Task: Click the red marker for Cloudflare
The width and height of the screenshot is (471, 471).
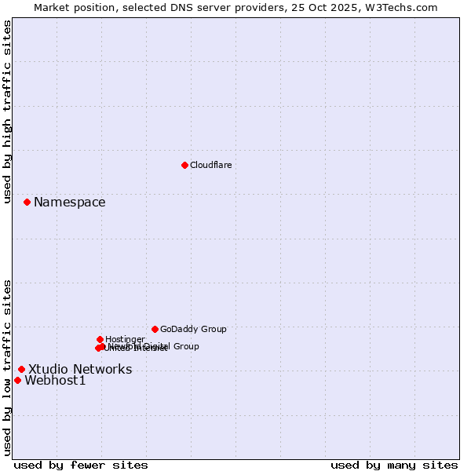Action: click(x=184, y=165)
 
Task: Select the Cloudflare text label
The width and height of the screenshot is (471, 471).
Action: click(x=210, y=166)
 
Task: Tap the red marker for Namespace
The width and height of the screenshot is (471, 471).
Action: click(x=27, y=202)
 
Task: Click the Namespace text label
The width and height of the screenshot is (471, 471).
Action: click(x=69, y=203)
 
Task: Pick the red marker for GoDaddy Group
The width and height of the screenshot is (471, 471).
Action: click(x=155, y=329)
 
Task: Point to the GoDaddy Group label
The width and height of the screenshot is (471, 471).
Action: click(x=193, y=330)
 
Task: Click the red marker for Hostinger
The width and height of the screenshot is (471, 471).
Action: click(x=100, y=339)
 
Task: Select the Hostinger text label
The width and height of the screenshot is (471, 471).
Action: click(x=125, y=340)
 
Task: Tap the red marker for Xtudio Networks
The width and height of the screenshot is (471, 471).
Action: click(x=21, y=369)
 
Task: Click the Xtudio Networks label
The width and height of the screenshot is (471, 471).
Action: click(x=80, y=370)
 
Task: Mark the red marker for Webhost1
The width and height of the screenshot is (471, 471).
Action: click(x=17, y=380)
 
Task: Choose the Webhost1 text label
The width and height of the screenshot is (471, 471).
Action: click(x=55, y=381)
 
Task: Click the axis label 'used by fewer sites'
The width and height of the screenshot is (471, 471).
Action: click(x=81, y=465)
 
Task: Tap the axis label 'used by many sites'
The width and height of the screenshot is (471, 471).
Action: click(x=394, y=465)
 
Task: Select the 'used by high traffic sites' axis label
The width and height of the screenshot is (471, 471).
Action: click(x=7, y=112)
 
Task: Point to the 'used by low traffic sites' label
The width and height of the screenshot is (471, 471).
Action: click(x=7, y=367)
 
